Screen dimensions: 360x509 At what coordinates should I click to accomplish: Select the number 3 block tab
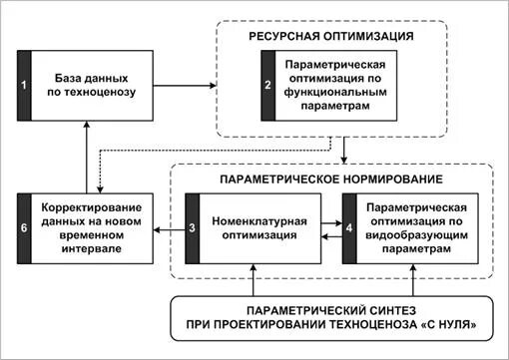point(192,228)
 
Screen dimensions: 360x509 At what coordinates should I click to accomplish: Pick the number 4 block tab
point(347,228)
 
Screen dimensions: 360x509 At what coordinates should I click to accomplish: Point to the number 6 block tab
point(25,228)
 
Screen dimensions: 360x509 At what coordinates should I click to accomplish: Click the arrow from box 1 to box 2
point(186,87)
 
